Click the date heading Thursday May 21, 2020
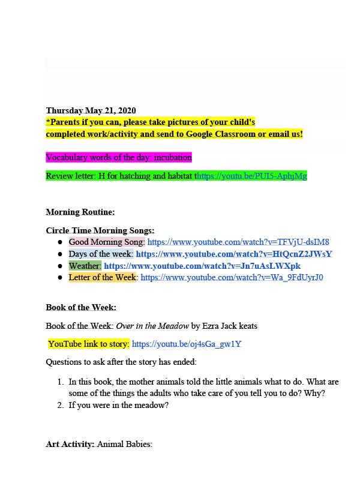91,110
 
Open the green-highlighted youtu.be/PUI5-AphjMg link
252,176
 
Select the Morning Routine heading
80,212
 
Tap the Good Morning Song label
107,242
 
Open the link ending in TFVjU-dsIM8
238,242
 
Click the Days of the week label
100,254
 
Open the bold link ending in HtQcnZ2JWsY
234,254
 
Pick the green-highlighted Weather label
85,266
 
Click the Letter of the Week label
103,277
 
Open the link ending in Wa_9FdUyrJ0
232,277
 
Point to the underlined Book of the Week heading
76,307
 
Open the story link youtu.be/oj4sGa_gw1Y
187,344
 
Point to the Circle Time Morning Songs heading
100,230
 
